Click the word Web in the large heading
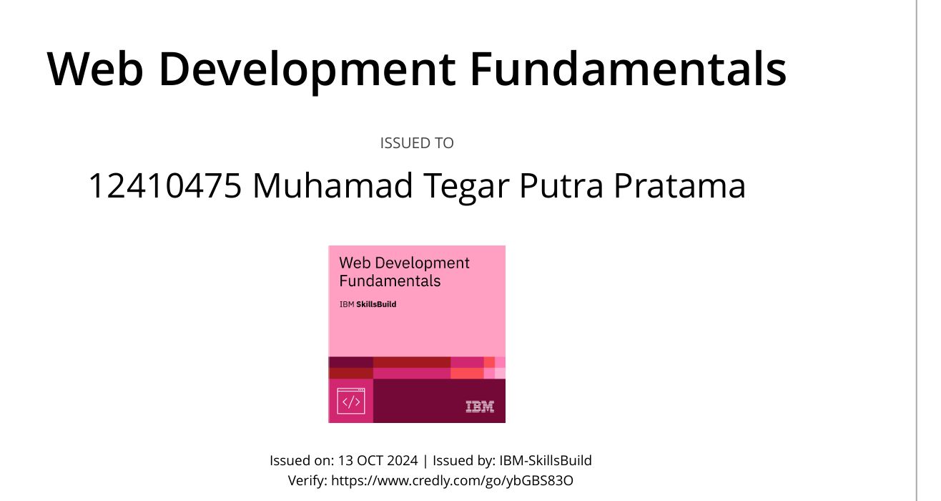pyautogui.click(x=95, y=69)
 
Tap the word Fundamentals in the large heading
pyautogui.click(x=628, y=69)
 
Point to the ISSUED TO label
pyautogui.click(x=417, y=143)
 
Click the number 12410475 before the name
pyautogui.click(x=165, y=185)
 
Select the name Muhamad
pyautogui.click(x=332, y=185)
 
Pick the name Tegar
pyautogui.click(x=466, y=188)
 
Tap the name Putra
pyautogui.click(x=561, y=185)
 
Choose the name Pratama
pyautogui.click(x=680, y=185)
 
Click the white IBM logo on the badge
pyautogui.click(x=480, y=407)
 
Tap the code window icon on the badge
pyautogui.click(x=351, y=402)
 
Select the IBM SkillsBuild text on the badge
pyautogui.click(x=368, y=304)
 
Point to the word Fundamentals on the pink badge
pyautogui.click(x=390, y=281)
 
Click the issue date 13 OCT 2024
pyautogui.click(x=378, y=461)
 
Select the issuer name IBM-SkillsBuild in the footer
pyautogui.click(x=546, y=461)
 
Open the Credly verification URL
pyautogui.click(x=452, y=481)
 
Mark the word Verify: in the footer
pyautogui.click(x=307, y=480)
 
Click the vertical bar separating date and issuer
pyautogui.click(x=425, y=461)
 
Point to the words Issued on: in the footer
pyautogui.click(x=302, y=461)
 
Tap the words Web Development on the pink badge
pyautogui.click(x=404, y=263)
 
